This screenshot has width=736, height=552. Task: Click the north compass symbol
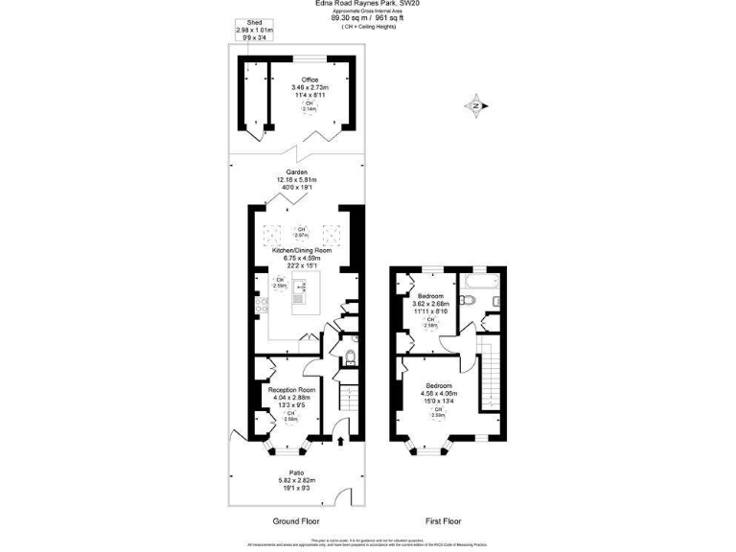click(474, 105)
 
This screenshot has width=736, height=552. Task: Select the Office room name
click(310, 80)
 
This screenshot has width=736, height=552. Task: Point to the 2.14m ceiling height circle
click(310, 106)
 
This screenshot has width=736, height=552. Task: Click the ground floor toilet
click(350, 358)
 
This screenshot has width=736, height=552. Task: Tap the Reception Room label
click(291, 390)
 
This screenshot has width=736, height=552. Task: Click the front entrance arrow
click(342, 442)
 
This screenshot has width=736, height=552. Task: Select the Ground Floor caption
click(296, 521)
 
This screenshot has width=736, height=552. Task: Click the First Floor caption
click(444, 521)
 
